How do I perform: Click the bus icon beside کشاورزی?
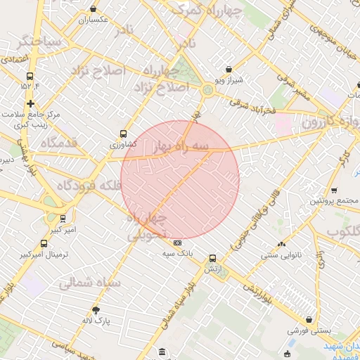point(124,133)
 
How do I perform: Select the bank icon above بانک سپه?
point(177,243)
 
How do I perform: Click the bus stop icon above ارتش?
point(213,258)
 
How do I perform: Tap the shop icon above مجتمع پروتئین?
point(333,191)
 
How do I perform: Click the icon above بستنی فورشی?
point(308,319)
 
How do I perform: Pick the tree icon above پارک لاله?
point(96,309)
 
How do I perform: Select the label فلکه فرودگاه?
point(90,186)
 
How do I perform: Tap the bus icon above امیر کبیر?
point(63,218)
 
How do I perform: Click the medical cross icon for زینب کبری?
point(30,103)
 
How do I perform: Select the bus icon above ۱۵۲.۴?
point(30,76)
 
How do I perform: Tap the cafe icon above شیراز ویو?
point(229,69)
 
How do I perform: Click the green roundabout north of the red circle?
point(207,90)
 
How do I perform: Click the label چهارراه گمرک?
point(207,11)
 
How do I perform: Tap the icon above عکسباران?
point(94,9)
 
